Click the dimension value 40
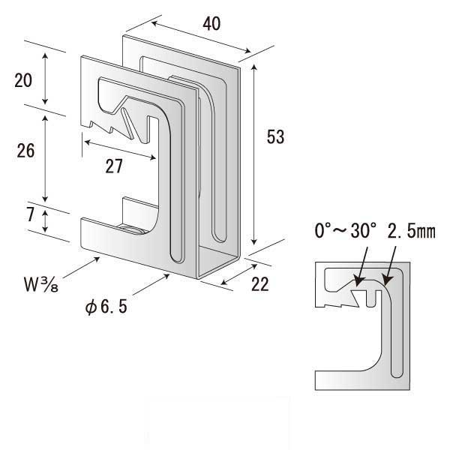coord(211,23)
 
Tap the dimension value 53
coord(275,137)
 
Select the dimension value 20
coord(23,80)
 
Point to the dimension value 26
coord(25,151)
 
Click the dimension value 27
coord(114,166)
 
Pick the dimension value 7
coord(31,214)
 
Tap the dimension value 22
coord(260,284)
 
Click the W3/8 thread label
coord(41,284)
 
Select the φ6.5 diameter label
coord(106,307)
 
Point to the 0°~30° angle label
coord(346,230)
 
